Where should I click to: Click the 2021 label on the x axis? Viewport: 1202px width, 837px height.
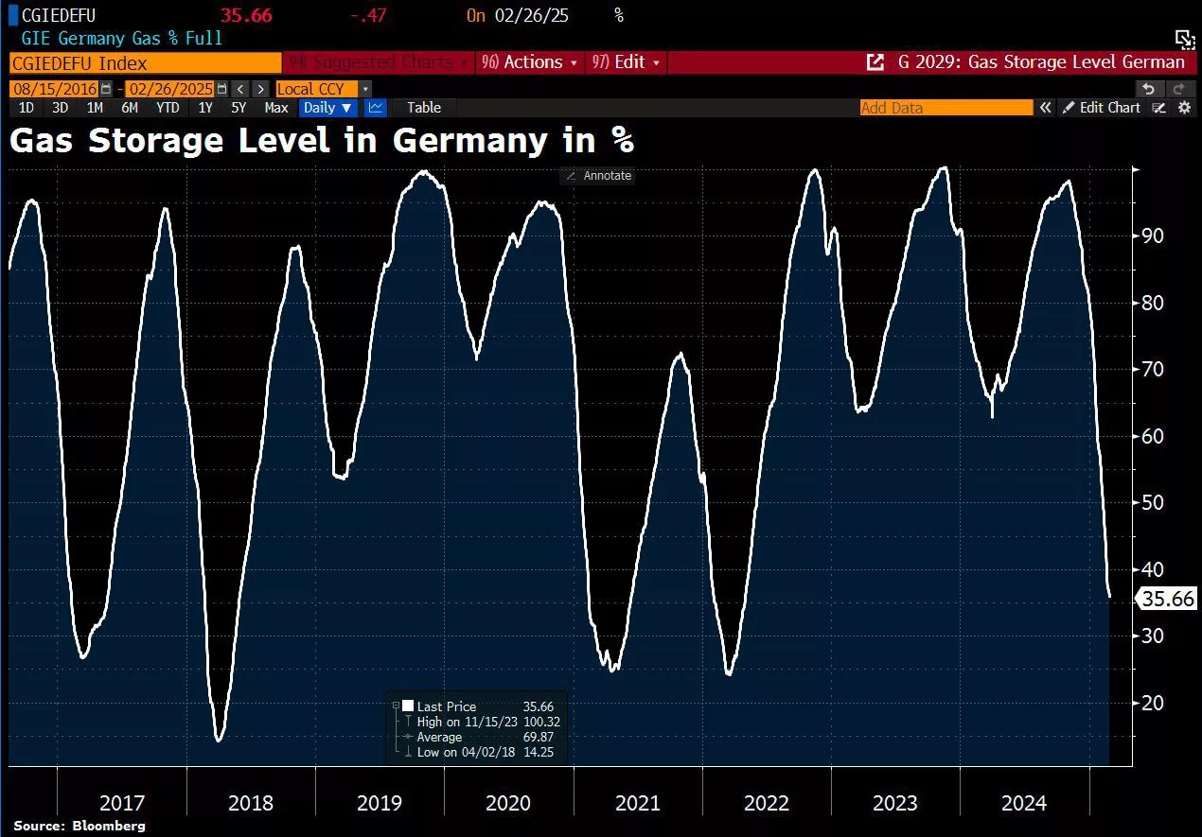pos(638,803)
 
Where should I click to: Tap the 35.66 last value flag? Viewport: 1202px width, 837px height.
pos(1167,599)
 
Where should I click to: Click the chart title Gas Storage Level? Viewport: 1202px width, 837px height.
pos(321,141)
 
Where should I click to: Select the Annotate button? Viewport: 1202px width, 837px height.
pos(598,176)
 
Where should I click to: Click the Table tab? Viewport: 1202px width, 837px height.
pos(424,108)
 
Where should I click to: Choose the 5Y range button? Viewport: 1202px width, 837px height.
pos(239,108)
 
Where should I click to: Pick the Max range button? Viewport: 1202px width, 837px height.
pos(276,108)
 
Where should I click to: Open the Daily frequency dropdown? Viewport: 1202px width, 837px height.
pos(327,108)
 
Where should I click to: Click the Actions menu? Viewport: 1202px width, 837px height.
pos(530,62)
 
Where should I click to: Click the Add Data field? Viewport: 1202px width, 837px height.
pos(946,108)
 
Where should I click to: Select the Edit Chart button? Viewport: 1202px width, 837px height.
pos(1103,108)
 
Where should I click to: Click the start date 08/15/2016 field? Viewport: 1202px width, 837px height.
pos(54,89)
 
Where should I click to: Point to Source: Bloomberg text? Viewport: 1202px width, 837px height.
pos(80,826)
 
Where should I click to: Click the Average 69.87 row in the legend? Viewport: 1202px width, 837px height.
pos(483,737)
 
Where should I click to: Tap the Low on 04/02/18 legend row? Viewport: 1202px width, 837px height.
pos(483,752)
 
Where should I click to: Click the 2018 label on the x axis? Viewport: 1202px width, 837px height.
pos(251,803)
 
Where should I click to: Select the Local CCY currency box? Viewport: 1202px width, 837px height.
pos(317,89)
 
